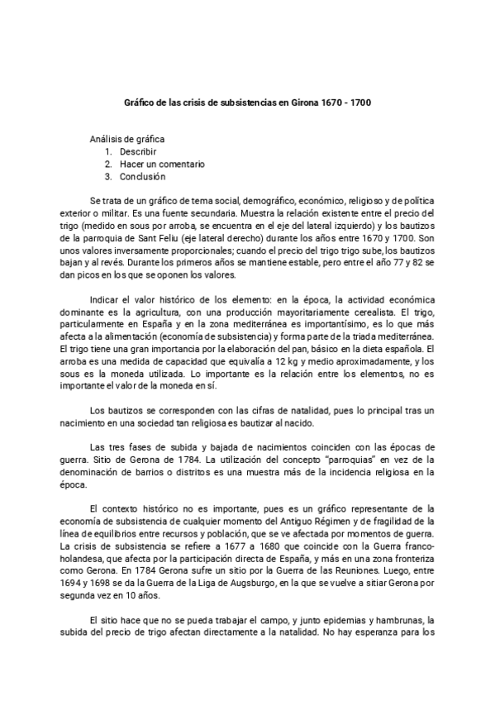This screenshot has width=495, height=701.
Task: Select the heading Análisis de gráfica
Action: [127, 141]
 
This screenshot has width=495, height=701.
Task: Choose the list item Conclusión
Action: [143, 176]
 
